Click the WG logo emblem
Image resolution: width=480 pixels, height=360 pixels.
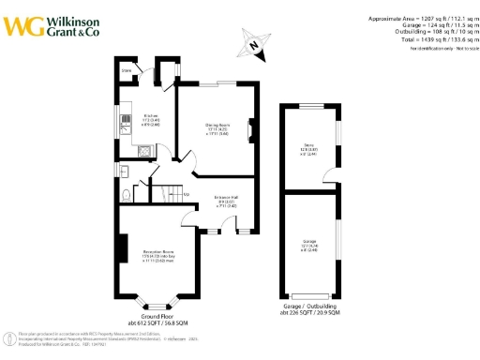(20, 25)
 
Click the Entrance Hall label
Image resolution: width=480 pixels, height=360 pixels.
(228, 198)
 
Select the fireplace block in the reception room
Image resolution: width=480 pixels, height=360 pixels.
(121, 249)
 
